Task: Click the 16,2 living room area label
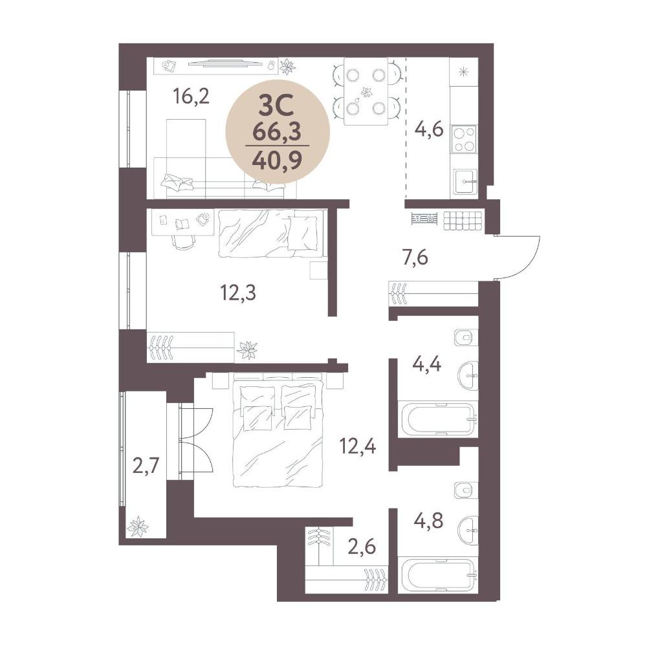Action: click(192, 97)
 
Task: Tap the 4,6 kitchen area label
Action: click(429, 129)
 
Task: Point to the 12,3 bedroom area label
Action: click(238, 293)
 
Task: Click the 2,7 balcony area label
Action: click(146, 468)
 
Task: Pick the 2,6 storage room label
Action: click(362, 547)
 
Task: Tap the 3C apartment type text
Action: click(276, 106)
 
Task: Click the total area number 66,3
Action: click(277, 133)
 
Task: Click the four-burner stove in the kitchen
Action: click(464, 139)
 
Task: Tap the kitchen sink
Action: click(465, 181)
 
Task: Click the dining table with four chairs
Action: click(366, 91)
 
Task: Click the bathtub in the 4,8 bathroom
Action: click(437, 575)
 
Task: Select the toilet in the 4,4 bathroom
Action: click(465, 338)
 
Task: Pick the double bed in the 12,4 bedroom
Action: click(278, 430)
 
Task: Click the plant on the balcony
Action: click(137, 527)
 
